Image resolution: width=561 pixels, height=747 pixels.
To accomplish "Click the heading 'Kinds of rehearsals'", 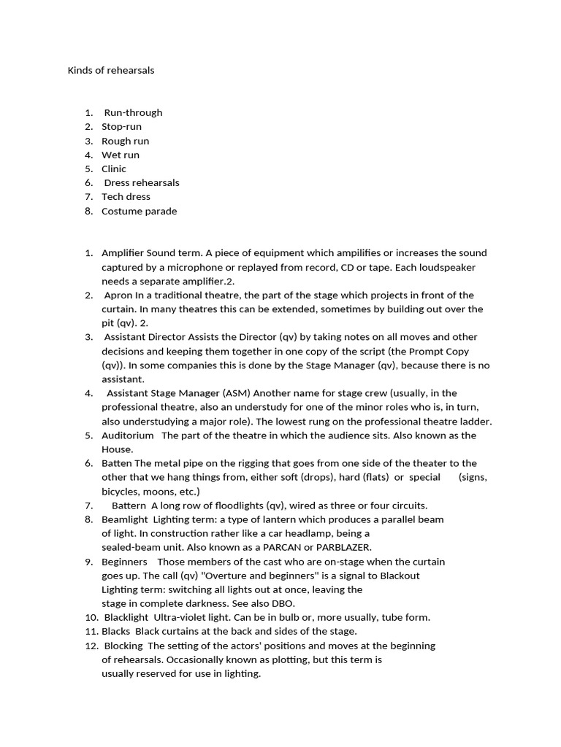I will click(x=111, y=71).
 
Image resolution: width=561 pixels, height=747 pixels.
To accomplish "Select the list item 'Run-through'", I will click(x=133, y=112).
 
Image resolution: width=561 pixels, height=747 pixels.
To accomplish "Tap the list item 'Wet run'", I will click(x=120, y=155).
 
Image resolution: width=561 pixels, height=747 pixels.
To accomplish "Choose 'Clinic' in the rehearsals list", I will click(x=113, y=169).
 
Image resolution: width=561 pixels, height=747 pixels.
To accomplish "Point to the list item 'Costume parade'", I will click(x=139, y=211).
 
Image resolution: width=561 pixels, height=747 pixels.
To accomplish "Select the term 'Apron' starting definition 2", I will click(x=118, y=295).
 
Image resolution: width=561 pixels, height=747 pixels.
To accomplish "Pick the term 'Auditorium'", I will click(x=128, y=436).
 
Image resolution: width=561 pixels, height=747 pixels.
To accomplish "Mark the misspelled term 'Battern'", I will click(x=129, y=506).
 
